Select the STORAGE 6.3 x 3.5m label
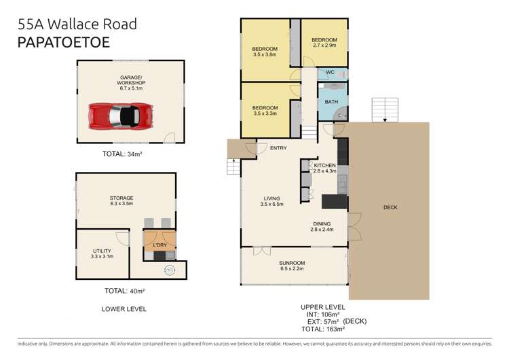click(122, 200)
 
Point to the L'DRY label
click(159, 245)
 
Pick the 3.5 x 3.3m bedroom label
click(265, 111)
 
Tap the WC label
click(330, 73)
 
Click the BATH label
click(331, 102)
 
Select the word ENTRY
click(278, 147)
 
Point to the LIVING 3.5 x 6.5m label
click(273, 201)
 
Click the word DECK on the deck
click(390, 208)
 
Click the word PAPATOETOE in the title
click(62, 41)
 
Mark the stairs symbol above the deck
click(384, 108)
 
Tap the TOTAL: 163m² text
click(323, 328)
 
